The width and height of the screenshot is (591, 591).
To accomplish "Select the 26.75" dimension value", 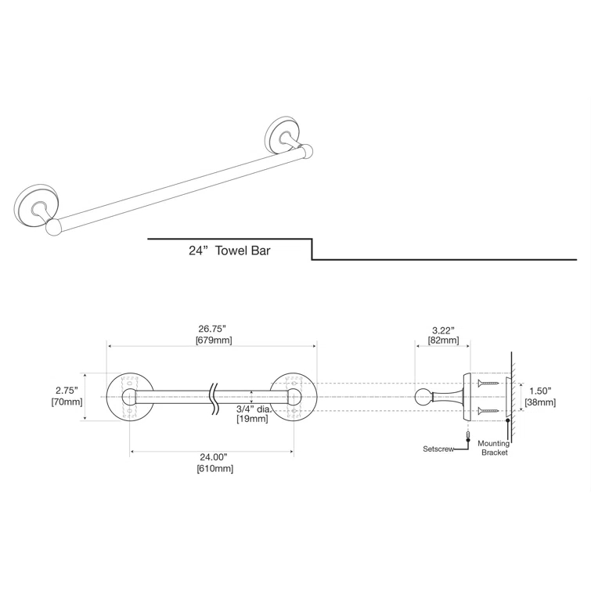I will coord(213,330).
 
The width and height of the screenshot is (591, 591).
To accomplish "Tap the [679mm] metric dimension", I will coord(213,341).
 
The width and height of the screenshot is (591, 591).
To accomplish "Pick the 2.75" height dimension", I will coord(67,390).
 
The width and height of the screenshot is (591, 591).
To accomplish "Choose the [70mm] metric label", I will coord(67,402).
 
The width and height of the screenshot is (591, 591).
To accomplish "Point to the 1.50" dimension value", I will coord(540,391).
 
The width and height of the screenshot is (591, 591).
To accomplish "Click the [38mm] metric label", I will coord(540,402).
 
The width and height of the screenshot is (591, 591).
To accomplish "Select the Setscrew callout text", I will coord(438,449).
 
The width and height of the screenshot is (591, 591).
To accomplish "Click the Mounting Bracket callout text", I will coord(493,448).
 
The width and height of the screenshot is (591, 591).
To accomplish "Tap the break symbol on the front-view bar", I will coord(212,398).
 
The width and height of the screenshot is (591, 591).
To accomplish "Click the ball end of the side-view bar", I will coord(422,398).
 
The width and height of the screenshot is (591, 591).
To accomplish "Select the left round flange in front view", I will coord(128,398).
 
